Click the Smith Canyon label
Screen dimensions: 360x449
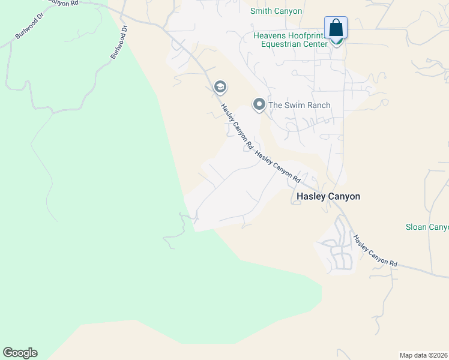pyautogui.click(x=276, y=11)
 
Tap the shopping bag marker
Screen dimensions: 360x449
pyautogui.click(x=336, y=28)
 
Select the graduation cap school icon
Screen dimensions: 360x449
pyautogui.click(x=220, y=88)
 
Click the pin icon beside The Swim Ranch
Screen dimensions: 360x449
pyautogui.click(x=259, y=105)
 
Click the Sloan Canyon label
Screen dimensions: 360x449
pyautogui.click(x=426, y=227)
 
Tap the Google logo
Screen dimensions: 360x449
pyautogui.click(x=20, y=353)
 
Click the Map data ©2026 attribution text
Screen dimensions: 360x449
pyautogui.click(x=424, y=355)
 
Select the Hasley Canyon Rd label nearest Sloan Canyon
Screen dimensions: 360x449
pyautogui.click(x=375, y=251)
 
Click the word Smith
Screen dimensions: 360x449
pyautogui.click(x=261, y=11)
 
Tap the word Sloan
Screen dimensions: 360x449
pyautogui.click(x=415, y=227)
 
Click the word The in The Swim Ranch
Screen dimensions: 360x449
pyautogui.click(x=275, y=105)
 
